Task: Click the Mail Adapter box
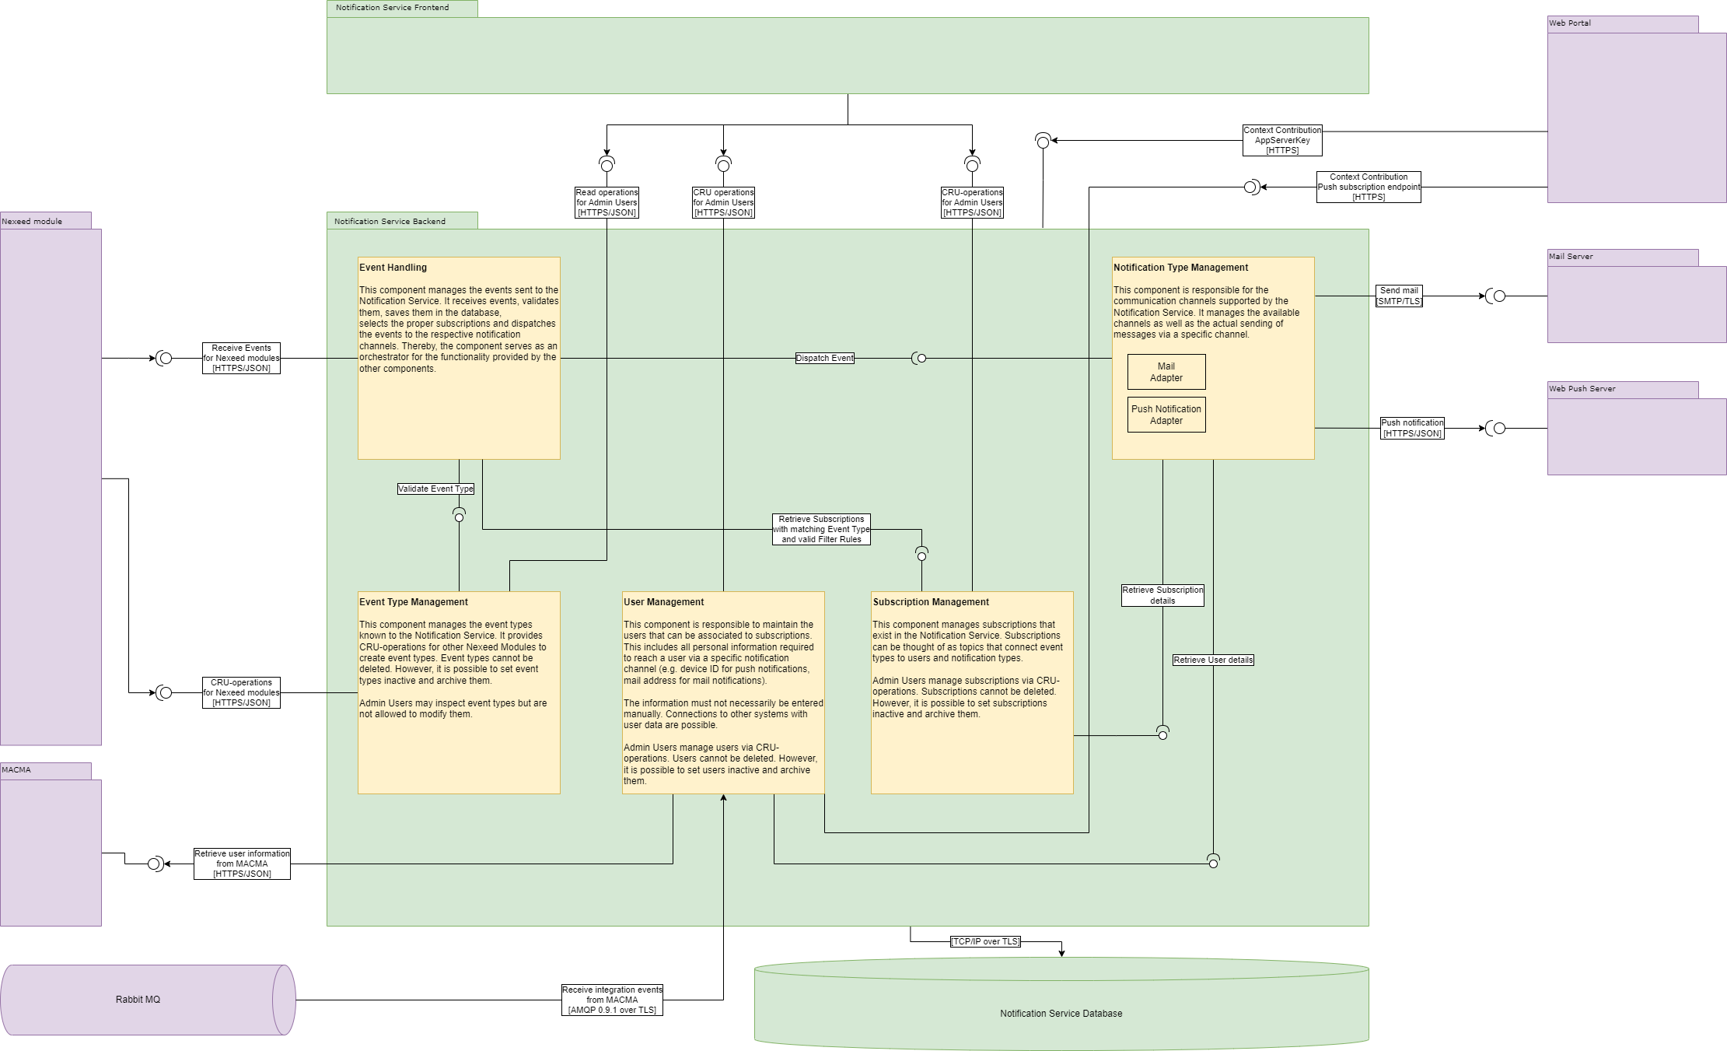1166,372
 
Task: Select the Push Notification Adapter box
1166,415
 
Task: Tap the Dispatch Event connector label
824,359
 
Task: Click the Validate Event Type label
435,489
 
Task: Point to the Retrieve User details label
1213,660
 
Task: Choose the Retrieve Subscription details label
1162,595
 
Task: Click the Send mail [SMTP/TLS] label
1399,296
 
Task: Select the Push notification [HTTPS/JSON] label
1412,428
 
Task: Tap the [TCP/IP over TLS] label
985,942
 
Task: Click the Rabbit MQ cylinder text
138,1000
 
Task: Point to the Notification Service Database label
1061,1014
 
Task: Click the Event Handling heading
393,268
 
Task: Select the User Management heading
663,602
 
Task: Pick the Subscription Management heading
931,602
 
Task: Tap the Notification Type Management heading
1180,268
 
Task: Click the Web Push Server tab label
1582,389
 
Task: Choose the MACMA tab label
16,770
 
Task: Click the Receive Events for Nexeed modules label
241,359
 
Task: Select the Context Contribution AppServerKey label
1282,141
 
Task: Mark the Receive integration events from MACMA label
612,1000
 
